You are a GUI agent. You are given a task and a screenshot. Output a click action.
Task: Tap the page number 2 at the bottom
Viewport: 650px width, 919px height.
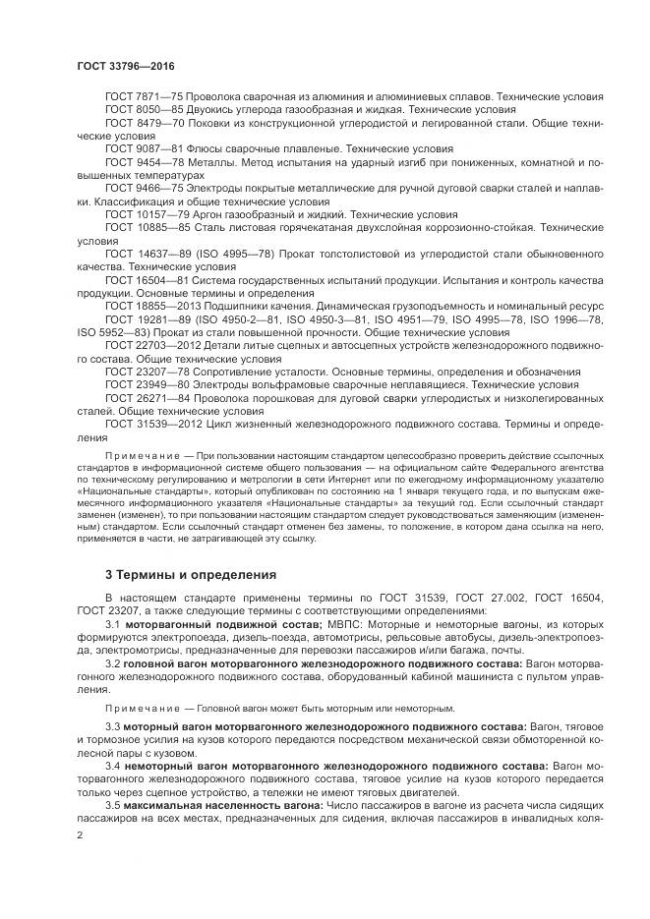click(80, 834)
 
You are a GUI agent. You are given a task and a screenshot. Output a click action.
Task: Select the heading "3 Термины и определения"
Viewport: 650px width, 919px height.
click(177, 573)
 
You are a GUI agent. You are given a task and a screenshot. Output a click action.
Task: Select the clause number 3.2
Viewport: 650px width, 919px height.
click(113, 664)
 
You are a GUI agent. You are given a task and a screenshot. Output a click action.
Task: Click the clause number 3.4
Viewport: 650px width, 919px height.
click(113, 763)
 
